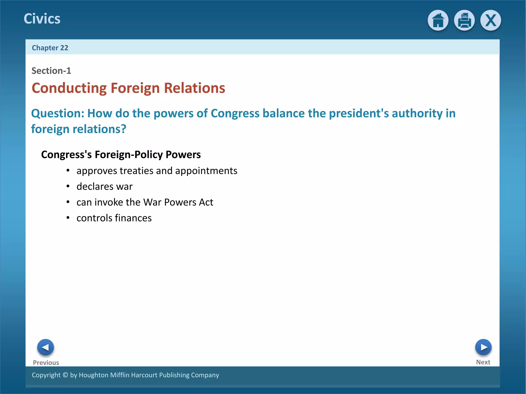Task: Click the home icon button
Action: tap(438, 20)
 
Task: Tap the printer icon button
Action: tap(464, 20)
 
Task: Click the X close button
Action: tap(491, 20)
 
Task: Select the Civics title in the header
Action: tap(42, 19)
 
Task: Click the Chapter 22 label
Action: tap(50, 48)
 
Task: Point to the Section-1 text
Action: tap(51, 71)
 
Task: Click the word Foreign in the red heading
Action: tap(135, 88)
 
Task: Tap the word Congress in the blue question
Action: tap(235, 113)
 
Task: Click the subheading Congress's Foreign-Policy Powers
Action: tap(121, 154)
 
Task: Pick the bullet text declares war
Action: tap(105, 186)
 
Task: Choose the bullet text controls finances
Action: tap(114, 218)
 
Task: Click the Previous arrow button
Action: tap(45, 347)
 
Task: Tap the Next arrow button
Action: tap(483, 347)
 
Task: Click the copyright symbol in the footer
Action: tap(65, 375)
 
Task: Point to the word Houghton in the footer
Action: tap(93, 375)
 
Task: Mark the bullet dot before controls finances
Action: tap(68, 218)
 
